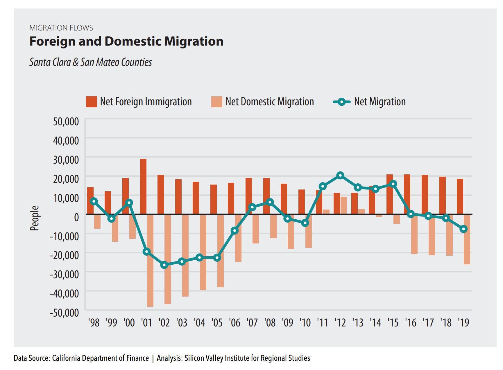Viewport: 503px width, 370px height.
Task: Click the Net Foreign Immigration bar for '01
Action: [x=143, y=187]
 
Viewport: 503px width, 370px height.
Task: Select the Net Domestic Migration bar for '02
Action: [x=168, y=259]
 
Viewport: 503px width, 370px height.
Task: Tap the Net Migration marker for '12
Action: [x=341, y=175]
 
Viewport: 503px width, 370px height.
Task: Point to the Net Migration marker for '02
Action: [x=164, y=265]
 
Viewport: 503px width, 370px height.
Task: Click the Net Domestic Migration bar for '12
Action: [x=344, y=205]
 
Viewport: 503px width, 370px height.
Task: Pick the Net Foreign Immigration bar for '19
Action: [x=460, y=196]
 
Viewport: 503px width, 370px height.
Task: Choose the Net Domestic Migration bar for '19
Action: [x=467, y=239]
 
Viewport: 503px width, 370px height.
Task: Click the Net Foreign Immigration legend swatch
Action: [x=91, y=102]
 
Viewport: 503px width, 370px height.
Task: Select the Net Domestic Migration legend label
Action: [x=270, y=102]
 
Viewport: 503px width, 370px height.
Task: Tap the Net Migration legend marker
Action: [x=341, y=102]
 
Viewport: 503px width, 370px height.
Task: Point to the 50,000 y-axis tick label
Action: [x=66, y=121]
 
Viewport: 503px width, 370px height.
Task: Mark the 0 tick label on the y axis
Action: [x=76, y=217]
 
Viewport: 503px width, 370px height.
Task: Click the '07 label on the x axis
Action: [x=253, y=322]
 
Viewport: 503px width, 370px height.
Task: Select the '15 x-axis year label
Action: [x=393, y=322]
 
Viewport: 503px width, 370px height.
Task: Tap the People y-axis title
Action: [x=35, y=218]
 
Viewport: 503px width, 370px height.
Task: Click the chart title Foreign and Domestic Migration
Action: [x=126, y=41]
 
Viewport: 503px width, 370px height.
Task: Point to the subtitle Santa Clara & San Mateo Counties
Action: [x=90, y=62]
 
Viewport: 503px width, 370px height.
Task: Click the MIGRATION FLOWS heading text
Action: [x=61, y=28]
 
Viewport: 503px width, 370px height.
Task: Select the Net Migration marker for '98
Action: [x=94, y=201]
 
